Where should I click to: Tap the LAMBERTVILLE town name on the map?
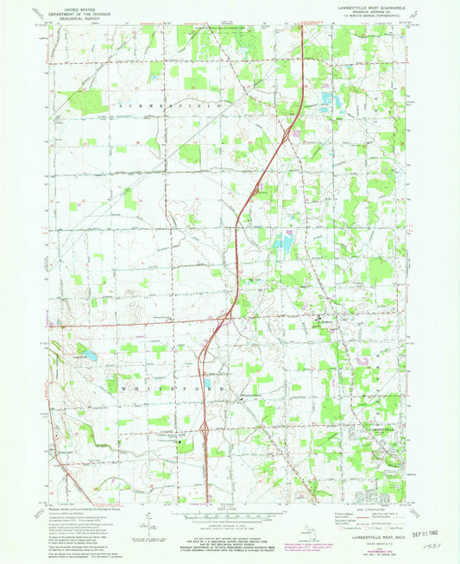[x=380, y=429]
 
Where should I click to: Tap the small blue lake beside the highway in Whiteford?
[x=210, y=385]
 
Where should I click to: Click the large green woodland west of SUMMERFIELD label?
[x=86, y=102]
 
